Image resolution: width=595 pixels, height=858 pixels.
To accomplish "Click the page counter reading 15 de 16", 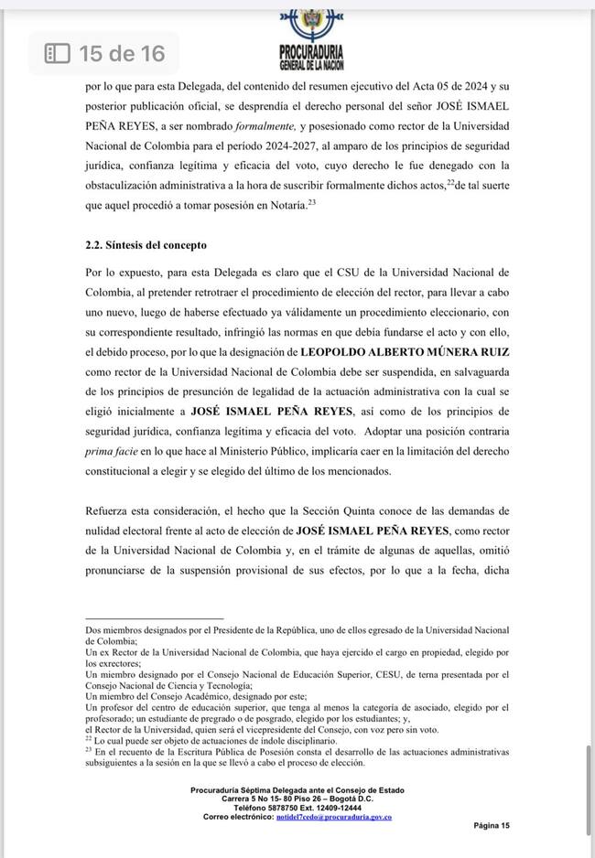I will pyautogui.click(x=122, y=54).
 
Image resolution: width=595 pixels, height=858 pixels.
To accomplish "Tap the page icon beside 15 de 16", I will pyautogui.click(x=58, y=54).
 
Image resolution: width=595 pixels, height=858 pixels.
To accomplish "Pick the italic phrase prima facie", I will pyautogui.click(x=110, y=451).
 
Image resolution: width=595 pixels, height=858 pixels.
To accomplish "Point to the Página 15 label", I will pyautogui.click(x=492, y=825).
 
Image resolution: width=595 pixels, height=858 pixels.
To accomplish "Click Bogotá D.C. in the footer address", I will pyautogui.click(x=351, y=799).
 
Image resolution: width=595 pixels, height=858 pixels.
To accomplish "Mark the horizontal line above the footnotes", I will pyautogui.click(x=154, y=618).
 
